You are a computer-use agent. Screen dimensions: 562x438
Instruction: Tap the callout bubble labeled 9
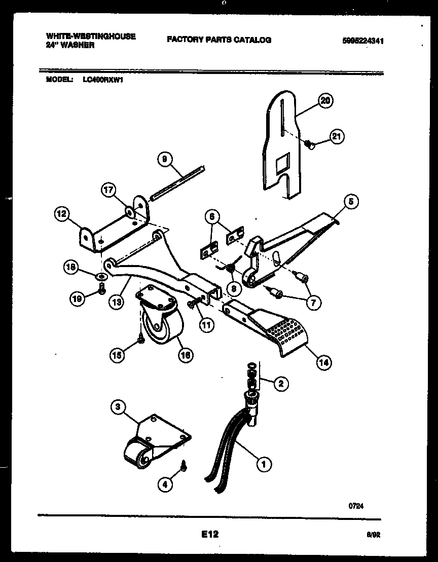pyautogui.click(x=164, y=159)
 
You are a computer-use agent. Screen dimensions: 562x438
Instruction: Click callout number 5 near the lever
pyautogui.click(x=350, y=202)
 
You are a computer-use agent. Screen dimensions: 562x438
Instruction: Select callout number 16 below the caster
pyautogui.click(x=186, y=355)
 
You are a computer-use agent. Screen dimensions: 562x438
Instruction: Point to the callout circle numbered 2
pyautogui.click(x=280, y=384)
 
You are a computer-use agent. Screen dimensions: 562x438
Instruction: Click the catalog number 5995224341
pyautogui.click(x=362, y=42)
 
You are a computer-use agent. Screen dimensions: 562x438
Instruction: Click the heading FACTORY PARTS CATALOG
pyautogui.click(x=218, y=40)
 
